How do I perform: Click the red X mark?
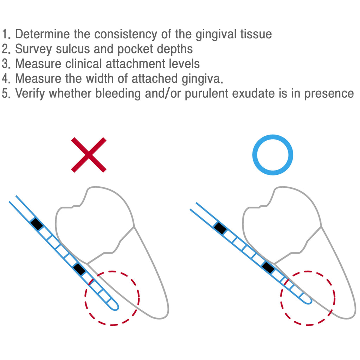pyautogui.click(x=89, y=155)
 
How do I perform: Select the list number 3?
pyautogui.click(x=6, y=64)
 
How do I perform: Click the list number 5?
pyautogui.click(x=6, y=94)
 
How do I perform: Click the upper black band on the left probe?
pyautogui.click(x=37, y=224)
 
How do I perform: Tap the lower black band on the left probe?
pyautogui.click(x=79, y=269)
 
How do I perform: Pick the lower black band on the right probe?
pyautogui.click(x=268, y=267)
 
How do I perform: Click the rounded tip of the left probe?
pyautogui.click(x=115, y=307)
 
